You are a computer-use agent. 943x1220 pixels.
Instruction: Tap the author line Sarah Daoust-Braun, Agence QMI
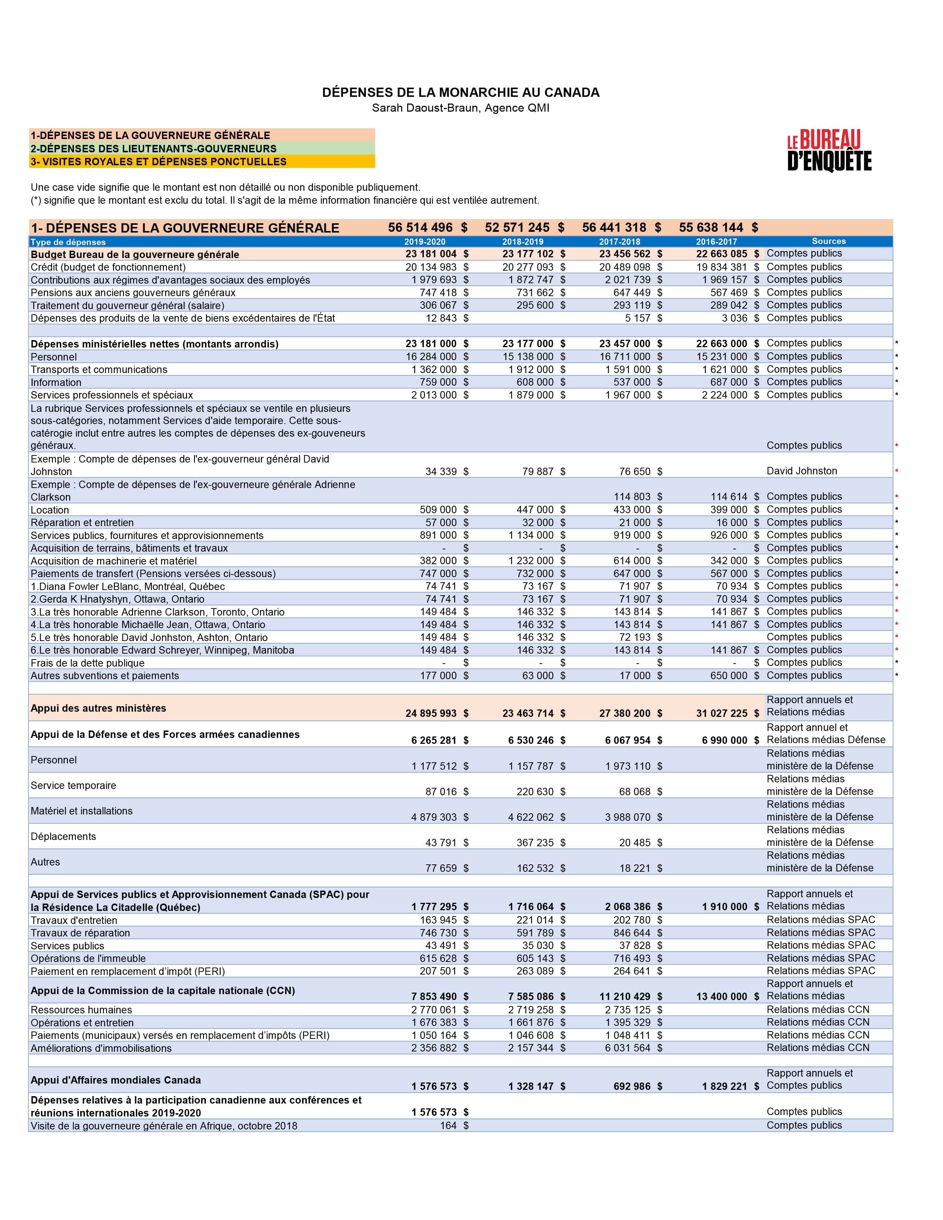[460, 108]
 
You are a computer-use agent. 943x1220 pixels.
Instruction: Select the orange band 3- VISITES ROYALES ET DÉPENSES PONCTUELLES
[202, 162]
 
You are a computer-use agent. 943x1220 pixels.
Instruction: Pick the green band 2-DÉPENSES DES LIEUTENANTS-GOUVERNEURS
[202, 149]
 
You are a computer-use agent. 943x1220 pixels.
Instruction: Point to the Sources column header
[828, 241]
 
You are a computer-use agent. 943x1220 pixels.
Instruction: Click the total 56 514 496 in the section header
[420, 227]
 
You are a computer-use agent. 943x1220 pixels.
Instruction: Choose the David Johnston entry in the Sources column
[802, 471]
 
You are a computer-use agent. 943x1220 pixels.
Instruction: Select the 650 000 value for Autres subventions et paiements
[729, 675]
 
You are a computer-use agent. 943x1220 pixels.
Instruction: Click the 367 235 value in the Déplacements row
[535, 843]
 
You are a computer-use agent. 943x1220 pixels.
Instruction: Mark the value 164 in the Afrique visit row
[448, 1126]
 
